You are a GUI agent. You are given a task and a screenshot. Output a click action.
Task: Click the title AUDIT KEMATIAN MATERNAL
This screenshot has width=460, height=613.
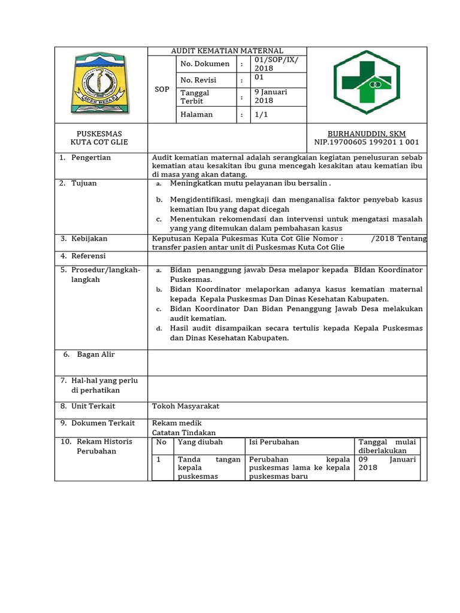click(x=227, y=51)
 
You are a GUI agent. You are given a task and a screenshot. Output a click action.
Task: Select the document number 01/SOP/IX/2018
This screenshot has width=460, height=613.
click(x=271, y=64)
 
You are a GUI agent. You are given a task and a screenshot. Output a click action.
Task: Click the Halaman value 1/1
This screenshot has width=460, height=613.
click(x=261, y=114)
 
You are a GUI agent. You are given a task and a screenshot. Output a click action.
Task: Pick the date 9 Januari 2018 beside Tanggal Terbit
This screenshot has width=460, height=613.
click(x=271, y=96)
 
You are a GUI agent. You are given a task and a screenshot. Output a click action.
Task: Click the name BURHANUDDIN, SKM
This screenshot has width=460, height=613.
click(x=367, y=133)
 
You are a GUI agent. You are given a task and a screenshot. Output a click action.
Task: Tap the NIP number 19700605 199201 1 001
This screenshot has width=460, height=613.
click(x=367, y=142)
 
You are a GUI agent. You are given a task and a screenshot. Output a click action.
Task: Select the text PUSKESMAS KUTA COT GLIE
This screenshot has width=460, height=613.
click(x=99, y=138)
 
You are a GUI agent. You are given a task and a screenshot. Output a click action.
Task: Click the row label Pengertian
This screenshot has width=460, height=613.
click(x=91, y=157)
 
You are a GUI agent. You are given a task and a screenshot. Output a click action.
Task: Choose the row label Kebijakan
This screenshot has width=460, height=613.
click(x=89, y=239)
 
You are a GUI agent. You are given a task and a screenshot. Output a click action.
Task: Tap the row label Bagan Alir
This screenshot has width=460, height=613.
click(x=96, y=354)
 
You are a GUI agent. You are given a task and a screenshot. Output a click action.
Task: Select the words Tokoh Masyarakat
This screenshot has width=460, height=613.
click(x=186, y=406)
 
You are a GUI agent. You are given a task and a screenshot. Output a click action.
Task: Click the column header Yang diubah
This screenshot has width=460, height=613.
click(x=200, y=442)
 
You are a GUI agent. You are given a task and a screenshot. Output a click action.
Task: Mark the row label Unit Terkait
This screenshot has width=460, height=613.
click(x=93, y=406)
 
